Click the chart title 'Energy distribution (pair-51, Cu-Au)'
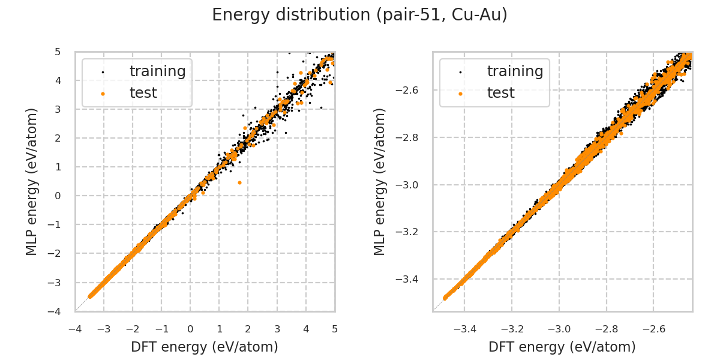click(x=360, y=15)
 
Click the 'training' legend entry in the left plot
click(x=157, y=71)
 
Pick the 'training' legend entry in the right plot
click(x=515, y=71)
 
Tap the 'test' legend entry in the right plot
click(x=500, y=93)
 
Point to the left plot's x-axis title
click(x=205, y=347)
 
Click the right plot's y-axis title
click(x=380, y=181)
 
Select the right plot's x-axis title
click(x=562, y=347)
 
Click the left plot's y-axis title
click(x=32, y=181)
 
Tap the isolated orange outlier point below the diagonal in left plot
click(x=239, y=182)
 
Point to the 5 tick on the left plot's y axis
click(x=58, y=52)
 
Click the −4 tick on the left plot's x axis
click(x=75, y=329)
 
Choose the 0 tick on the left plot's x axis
click(x=190, y=329)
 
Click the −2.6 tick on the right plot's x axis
click(x=653, y=329)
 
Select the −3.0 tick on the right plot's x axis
click(x=559, y=329)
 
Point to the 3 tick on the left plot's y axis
click(x=58, y=109)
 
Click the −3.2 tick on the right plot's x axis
click(x=512, y=329)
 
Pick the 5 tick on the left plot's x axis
click(x=335, y=329)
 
